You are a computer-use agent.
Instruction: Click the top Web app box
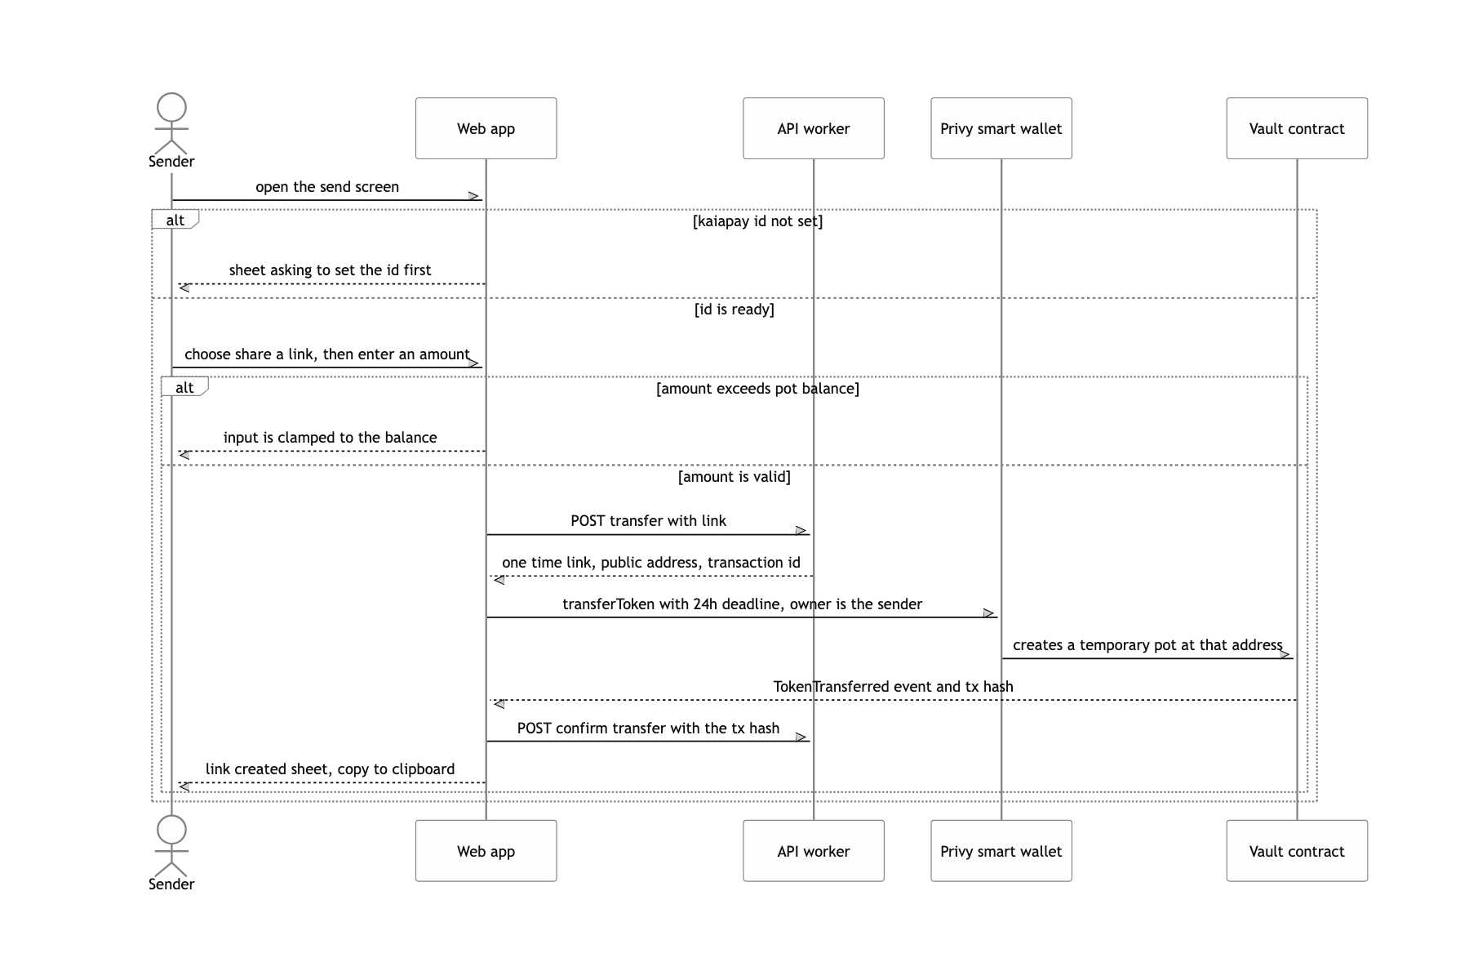coord(486,128)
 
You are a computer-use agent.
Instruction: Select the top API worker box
coord(813,128)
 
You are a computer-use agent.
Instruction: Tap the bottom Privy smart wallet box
coord(1001,851)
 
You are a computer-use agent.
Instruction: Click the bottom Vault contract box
coord(1297,851)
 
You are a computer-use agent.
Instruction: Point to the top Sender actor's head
coord(171,108)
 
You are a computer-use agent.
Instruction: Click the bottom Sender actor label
coord(171,884)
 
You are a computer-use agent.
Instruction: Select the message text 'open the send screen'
coord(327,187)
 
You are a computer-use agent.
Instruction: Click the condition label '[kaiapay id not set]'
coord(757,221)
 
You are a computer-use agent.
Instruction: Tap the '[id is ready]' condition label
coord(734,310)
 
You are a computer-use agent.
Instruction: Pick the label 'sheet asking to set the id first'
coord(330,270)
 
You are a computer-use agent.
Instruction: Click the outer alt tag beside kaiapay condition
coord(175,220)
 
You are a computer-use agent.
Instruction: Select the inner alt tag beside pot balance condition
coord(185,386)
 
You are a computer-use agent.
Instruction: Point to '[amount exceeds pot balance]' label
coord(757,389)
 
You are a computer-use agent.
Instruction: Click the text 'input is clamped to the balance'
coord(330,438)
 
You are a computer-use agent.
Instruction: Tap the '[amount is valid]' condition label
coord(734,477)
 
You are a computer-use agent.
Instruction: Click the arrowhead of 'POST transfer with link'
coord(801,531)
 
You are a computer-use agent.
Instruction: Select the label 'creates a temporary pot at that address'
coord(1147,645)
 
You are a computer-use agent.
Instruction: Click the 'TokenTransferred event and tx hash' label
coord(893,687)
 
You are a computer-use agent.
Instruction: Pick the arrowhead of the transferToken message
coord(989,613)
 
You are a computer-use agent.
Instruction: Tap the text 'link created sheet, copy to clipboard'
coord(330,769)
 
